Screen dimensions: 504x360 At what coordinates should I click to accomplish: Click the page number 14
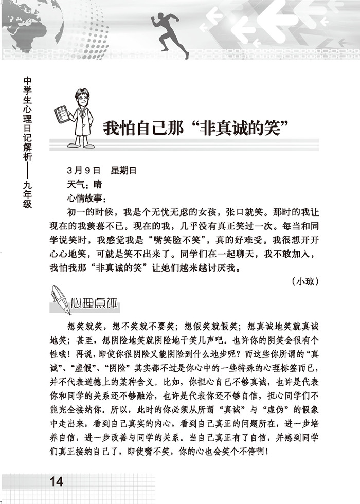click(x=56, y=481)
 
